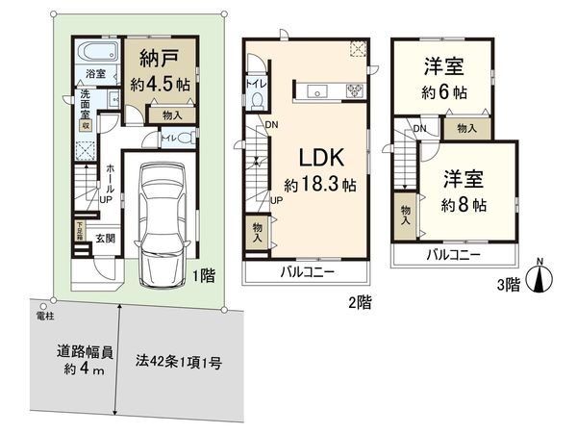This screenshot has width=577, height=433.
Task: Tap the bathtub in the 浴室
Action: tap(96, 53)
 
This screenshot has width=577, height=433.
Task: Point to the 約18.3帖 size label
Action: tap(314, 183)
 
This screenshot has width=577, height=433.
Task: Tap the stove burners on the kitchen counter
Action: tap(353, 92)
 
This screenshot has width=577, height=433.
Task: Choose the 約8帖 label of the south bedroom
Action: tap(464, 205)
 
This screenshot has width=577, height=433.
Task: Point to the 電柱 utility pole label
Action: tap(44, 316)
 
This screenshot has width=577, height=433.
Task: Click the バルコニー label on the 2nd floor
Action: tap(307, 273)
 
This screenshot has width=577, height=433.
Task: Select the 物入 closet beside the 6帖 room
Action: tap(466, 128)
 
